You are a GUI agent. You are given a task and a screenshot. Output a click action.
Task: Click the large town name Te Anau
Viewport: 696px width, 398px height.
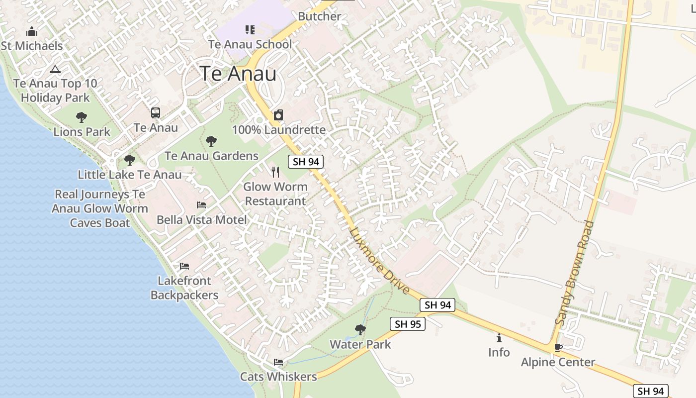[238, 74]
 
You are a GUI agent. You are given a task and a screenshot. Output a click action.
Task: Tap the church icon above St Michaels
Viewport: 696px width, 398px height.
[32, 32]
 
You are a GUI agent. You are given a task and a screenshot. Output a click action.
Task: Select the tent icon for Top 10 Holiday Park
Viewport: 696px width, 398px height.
[55, 69]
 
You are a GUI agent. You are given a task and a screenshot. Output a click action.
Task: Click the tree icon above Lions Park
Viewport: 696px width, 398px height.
[82, 117]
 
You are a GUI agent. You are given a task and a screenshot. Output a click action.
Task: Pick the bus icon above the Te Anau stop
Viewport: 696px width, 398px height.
[156, 113]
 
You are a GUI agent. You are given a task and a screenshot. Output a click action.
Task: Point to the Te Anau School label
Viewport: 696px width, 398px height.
[250, 44]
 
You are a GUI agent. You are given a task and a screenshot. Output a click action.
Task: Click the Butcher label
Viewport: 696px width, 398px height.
[320, 16]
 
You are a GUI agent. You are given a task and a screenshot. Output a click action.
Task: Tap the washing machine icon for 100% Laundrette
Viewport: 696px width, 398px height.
[278, 115]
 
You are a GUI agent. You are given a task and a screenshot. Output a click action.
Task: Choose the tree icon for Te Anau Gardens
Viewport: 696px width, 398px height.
[211, 141]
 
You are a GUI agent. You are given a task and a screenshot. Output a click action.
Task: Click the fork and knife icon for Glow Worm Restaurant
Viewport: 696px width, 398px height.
[275, 172]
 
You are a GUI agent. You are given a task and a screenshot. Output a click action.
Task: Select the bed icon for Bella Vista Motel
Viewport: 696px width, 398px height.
[201, 204]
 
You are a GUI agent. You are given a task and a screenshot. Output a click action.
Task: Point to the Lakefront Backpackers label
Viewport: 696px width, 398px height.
[184, 288]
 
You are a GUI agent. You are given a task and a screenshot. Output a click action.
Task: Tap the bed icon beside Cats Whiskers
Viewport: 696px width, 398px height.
[278, 362]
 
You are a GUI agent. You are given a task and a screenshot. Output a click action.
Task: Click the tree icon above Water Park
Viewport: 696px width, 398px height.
[360, 329]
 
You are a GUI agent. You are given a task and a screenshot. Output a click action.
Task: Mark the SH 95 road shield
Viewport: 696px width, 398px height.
[407, 324]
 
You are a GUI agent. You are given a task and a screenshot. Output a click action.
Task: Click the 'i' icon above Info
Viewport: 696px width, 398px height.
[499, 338]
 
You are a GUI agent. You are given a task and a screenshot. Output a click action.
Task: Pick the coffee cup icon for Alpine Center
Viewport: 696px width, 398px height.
[558, 347]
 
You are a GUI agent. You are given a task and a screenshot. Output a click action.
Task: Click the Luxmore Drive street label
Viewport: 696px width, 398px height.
[379, 260]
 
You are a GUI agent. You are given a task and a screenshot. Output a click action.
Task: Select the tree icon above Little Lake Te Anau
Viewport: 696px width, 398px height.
[130, 160]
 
